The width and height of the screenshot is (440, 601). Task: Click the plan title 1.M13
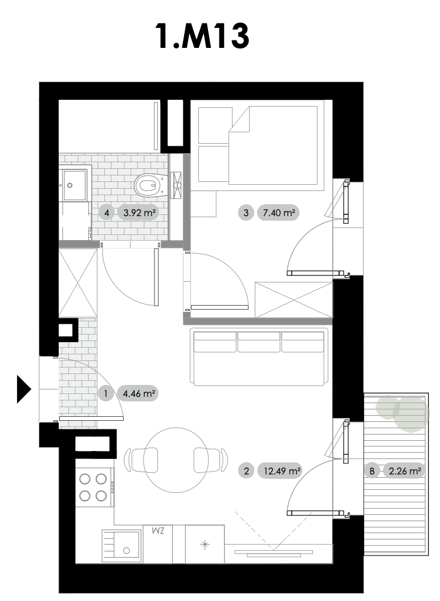pyautogui.click(x=202, y=36)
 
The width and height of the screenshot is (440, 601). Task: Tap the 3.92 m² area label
pyautogui.click(x=138, y=212)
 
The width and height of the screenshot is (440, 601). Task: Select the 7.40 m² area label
pyautogui.click(x=278, y=212)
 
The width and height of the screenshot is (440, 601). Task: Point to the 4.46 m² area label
pyautogui.click(x=138, y=393)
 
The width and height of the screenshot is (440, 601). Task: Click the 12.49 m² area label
pyautogui.click(x=279, y=470)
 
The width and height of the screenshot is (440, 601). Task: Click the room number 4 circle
pyautogui.click(x=107, y=212)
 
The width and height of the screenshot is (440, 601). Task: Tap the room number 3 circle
pyautogui.click(x=246, y=212)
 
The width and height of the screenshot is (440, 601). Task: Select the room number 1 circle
pyautogui.click(x=106, y=393)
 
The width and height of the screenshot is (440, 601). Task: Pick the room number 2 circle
pyautogui.click(x=246, y=470)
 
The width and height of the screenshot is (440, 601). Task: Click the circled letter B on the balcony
pyautogui.click(x=372, y=470)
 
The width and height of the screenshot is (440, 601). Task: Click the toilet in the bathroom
pyautogui.click(x=151, y=186)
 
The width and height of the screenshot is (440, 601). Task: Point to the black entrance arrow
pyautogui.click(x=24, y=389)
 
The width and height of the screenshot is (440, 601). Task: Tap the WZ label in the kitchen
pyautogui.click(x=158, y=531)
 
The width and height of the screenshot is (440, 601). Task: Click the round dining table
pyautogui.click(x=177, y=460)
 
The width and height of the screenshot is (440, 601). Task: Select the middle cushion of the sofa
pyautogui.click(x=259, y=342)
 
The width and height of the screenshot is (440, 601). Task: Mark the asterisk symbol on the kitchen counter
pyautogui.click(x=205, y=545)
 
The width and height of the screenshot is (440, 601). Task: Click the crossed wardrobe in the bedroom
pyautogui.click(x=294, y=300)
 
